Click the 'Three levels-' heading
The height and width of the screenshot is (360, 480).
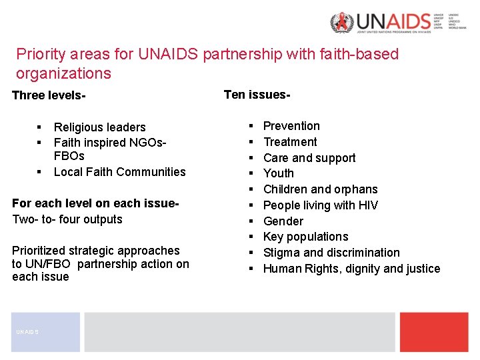(x=49, y=95)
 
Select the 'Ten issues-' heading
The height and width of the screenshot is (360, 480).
(x=257, y=95)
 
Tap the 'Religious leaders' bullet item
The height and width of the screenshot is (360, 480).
(x=99, y=127)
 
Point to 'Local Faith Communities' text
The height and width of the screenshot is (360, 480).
(x=119, y=172)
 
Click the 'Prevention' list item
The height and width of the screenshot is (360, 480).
(x=291, y=126)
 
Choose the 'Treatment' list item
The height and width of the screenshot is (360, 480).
(x=290, y=142)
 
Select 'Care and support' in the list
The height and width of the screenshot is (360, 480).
(x=309, y=158)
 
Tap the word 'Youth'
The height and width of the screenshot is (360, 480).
(x=279, y=173)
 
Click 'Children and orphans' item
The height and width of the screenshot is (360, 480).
(x=320, y=189)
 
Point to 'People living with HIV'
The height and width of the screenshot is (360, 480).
(x=320, y=205)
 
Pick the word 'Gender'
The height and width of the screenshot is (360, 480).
(x=283, y=221)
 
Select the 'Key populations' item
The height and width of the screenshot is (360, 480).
(x=305, y=237)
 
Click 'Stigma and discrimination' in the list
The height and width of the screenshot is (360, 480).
(x=331, y=253)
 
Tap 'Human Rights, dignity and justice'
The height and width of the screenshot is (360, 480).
(x=351, y=269)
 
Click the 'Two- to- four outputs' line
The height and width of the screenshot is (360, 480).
(x=67, y=219)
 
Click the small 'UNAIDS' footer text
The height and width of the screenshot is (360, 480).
(x=28, y=331)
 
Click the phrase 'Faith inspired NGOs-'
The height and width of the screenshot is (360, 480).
(x=110, y=143)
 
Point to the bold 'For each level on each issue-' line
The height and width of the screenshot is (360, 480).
(x=95, y=203)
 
